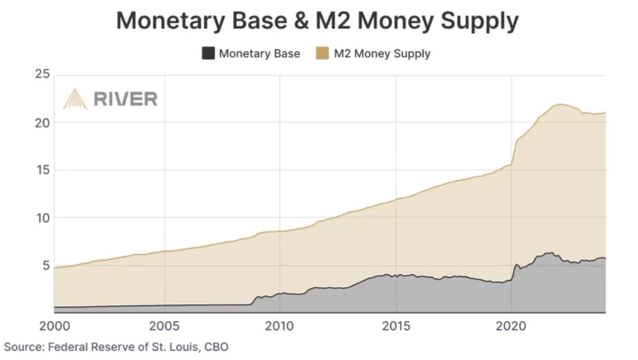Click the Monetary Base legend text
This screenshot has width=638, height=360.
261,54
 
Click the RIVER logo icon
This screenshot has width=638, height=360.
75,99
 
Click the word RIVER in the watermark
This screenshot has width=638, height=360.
126,99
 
